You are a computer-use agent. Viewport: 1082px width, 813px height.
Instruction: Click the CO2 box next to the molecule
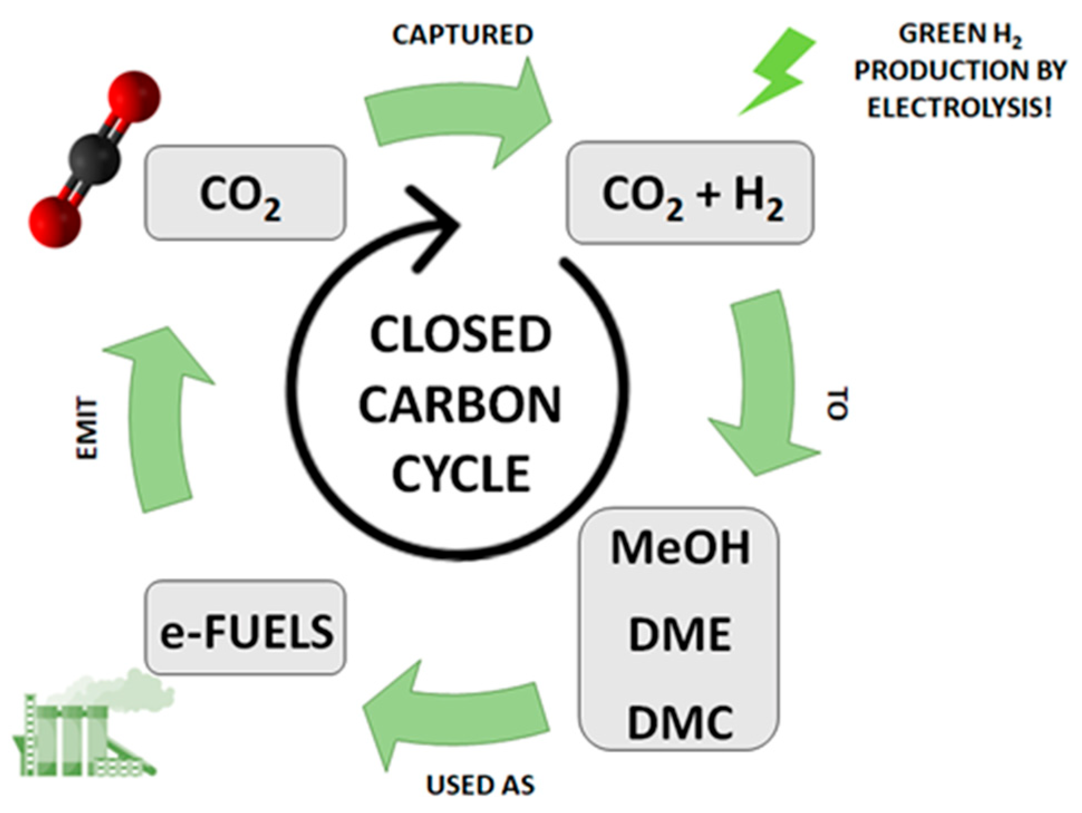click(x=245, y=193)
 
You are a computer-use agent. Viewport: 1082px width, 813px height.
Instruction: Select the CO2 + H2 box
click(x=690, y=193)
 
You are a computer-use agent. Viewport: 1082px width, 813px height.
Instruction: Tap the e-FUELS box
click(x=245, y=628)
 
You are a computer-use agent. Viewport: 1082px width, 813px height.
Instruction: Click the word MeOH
click(x=680, y=547)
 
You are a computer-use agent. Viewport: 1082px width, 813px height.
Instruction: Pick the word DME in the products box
click(x=680, y=634)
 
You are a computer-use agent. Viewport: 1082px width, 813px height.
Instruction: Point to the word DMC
click(x=680, y=722)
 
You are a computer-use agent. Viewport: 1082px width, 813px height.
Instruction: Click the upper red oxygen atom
click(x=134, y=96)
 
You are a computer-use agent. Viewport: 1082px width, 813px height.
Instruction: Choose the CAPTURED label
click(x=463, y=35)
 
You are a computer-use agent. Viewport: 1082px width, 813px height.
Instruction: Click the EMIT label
click(x=87, y=428)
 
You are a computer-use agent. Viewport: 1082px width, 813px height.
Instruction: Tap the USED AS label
click(x=480, y=785)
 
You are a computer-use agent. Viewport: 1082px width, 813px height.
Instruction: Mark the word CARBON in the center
click(x=460, y=405)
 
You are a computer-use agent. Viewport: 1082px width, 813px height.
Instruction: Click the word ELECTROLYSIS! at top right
click(x=959, y=107)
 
